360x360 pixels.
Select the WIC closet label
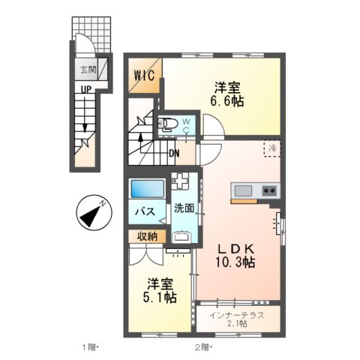pos(145,76)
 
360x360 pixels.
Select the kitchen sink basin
pos(244,191)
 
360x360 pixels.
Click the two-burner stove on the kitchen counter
pos(268,191)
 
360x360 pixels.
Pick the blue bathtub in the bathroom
pos(146,189)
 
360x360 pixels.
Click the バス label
pos(144,212)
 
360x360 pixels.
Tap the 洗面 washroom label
pos(184,208)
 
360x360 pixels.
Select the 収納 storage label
pos(147,237)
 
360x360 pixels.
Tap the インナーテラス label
pos(237,315)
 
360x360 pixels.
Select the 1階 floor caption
pos(91,347)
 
